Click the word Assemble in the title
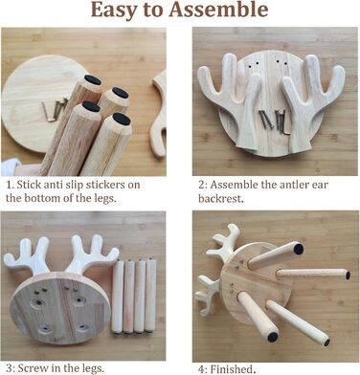(218, 11)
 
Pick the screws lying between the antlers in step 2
(272, 121)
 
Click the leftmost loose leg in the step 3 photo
(118, 297)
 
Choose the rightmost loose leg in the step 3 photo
(150, 296)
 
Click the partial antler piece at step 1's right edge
(159, 114)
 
